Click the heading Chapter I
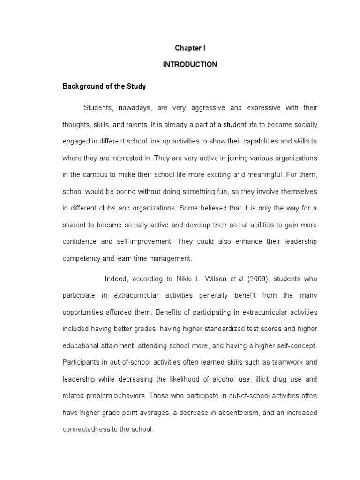click(x=190, y=48)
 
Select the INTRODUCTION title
click(x=190, y=65)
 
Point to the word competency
click(x=81, y=258)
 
